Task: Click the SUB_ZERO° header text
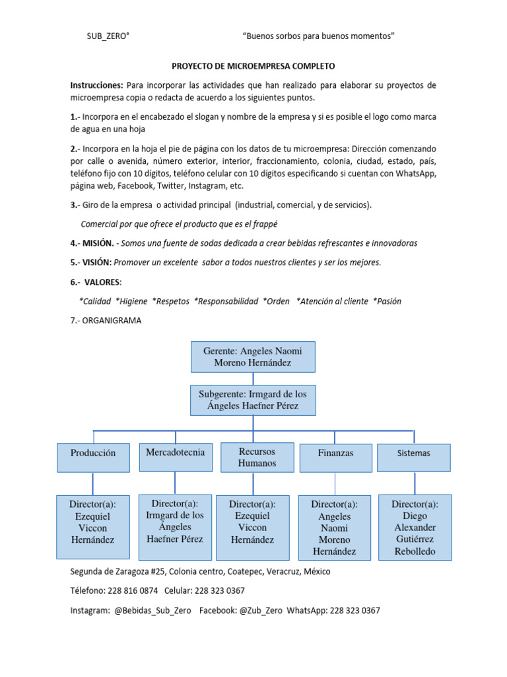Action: (108, 37)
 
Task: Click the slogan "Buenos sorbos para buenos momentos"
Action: (319, 37)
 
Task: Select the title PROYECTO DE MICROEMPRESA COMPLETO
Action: (253, 67)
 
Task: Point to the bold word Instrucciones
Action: (97, 86)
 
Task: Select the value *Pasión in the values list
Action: (387, 301)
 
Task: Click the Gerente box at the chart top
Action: (253, 357)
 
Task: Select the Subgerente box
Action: (253, 400)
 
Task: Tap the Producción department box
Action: (93, 454)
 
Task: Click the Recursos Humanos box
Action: (257, 458)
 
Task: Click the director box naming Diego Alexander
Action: (415, 528)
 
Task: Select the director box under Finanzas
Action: (334, 528)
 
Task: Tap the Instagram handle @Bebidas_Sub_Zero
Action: (154, 610)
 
